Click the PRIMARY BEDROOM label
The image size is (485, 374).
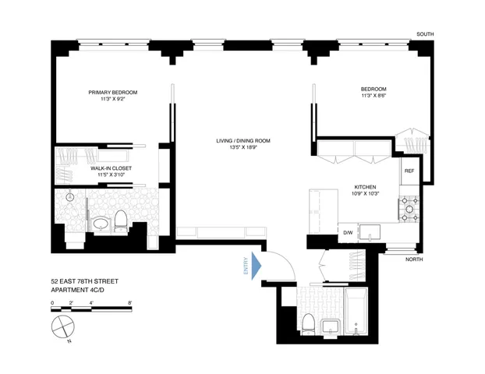[x=112, y=92]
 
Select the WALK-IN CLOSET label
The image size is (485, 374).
[x=112, y=168]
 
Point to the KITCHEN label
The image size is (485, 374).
[x=366, y=188]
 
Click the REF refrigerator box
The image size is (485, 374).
[x=408, y=171]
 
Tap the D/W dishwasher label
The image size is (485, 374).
[x=349, y=232]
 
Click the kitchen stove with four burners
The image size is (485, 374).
[x=409, y=207]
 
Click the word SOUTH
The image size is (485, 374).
[x=425, y=34]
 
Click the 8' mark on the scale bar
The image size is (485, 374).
[x=129, y=301]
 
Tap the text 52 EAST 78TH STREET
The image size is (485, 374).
[x=84, y=279]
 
